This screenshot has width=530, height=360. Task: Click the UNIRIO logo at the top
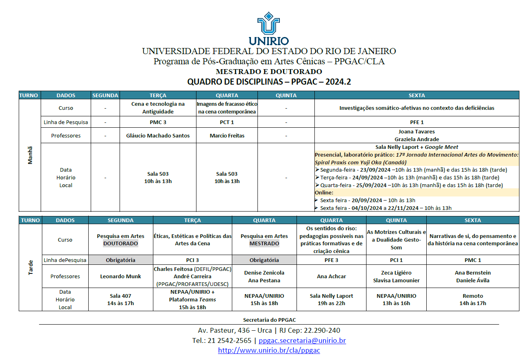(x=268, y=28)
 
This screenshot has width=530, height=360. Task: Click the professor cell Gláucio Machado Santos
(x=158, y=135)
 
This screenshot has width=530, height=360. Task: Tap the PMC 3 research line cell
(x=158, y=122)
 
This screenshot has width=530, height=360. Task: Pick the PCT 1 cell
(x=227, y=122)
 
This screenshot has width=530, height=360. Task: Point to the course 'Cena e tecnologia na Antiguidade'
(x=158, y=108)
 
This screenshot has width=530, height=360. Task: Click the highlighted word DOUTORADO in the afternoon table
(x=120, y=243)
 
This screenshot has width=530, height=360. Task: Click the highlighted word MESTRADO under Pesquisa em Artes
(x=264, y=243)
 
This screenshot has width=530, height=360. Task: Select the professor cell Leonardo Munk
(x=120, y=276)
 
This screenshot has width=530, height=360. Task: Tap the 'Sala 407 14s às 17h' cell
(x=120, y=299)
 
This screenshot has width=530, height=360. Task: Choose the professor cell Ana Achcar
(x=331, y=276)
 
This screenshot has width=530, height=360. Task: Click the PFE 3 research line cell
(x=331, y=260)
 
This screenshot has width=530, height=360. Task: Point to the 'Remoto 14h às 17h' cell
(x=473, y=299)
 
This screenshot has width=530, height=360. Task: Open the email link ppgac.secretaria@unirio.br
(x=302, y=340)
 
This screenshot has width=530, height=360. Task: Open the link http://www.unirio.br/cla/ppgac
(x=269, y=350)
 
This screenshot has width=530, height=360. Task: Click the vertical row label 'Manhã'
(x=30, y=155)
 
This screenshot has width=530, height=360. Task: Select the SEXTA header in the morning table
(x=417, y=96)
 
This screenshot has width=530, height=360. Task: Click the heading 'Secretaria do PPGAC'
(x=269, y=320)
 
